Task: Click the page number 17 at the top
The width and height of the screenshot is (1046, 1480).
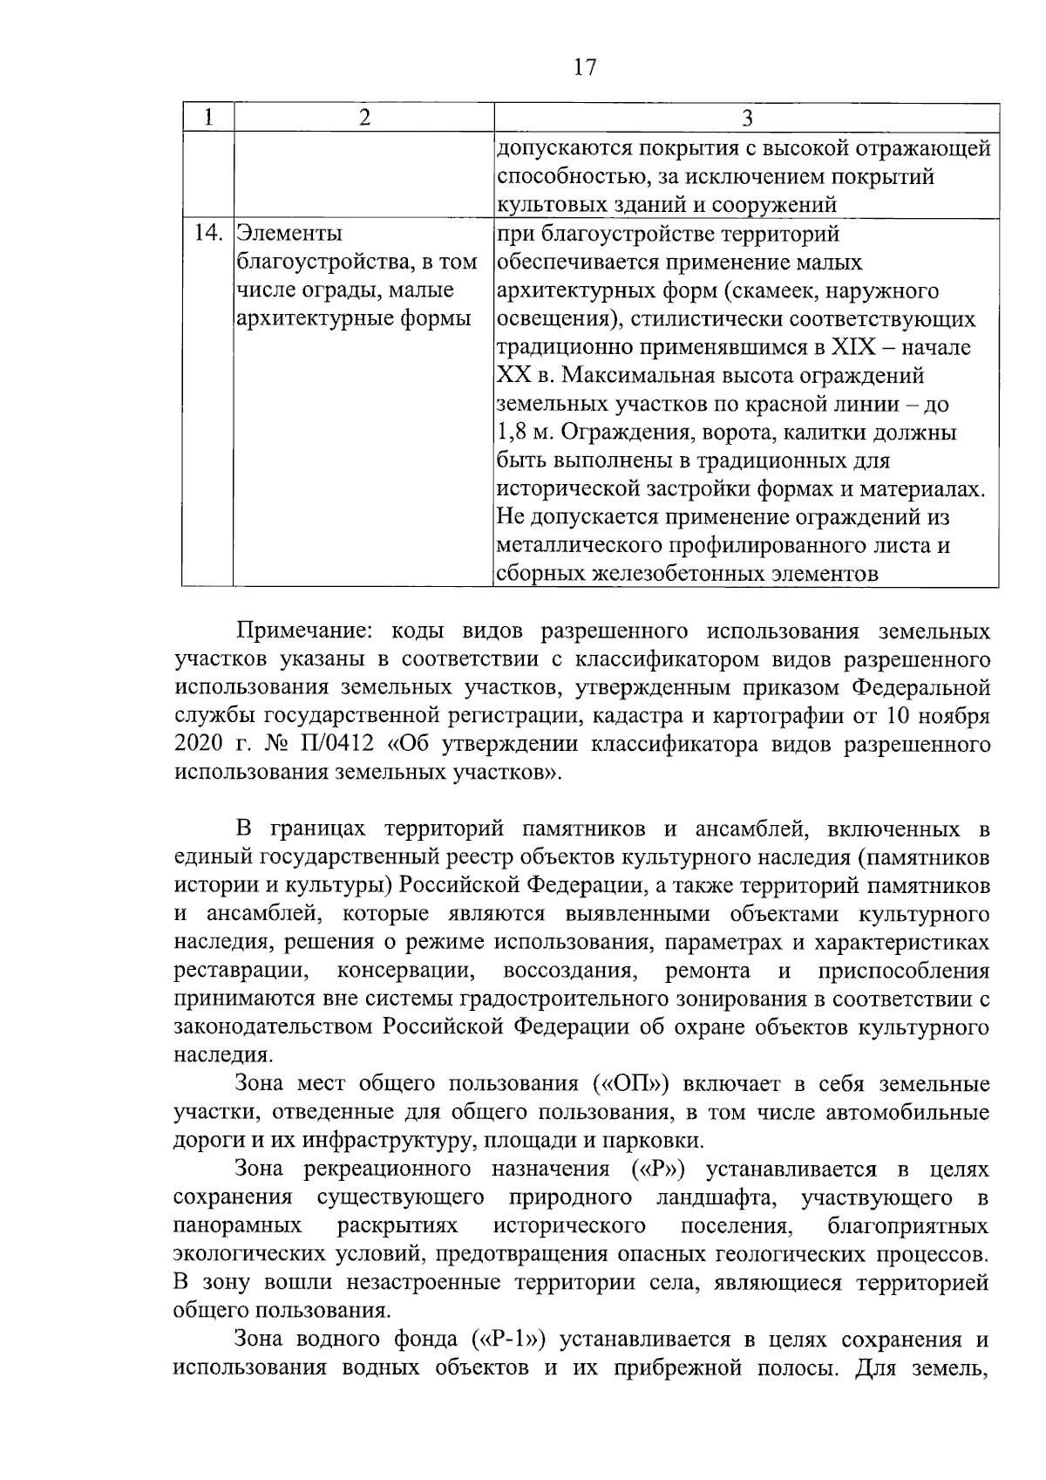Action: (585, 67)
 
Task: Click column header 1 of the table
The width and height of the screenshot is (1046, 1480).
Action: (207, 119)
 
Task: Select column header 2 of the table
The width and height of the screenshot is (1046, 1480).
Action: (363, 119)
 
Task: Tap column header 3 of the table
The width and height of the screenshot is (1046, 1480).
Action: (746, 119)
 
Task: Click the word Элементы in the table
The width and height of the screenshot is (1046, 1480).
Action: (290, 234)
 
